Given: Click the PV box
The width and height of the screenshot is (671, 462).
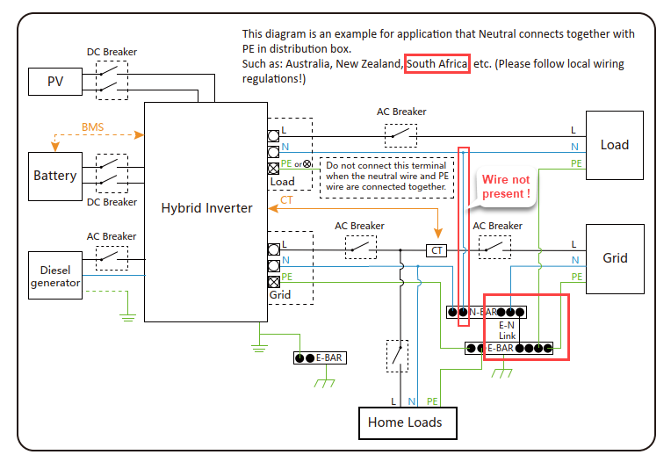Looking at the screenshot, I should tap(54, 83).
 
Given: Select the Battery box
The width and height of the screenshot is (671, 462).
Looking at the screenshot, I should tap(54, 176).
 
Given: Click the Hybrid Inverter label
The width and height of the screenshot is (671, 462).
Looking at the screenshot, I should tap(206, 208).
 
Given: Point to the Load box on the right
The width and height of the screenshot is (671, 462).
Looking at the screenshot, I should tap(614, 145).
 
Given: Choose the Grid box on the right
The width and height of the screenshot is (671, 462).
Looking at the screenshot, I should tap(614, 257).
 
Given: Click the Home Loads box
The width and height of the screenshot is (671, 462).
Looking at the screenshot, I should tap(405, 422).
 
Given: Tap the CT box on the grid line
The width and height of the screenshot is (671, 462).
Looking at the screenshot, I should tap(437, 250).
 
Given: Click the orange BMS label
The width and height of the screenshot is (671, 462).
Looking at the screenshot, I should tap(92, 127).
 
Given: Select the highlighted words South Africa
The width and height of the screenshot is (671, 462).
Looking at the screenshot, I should tap(437, 64).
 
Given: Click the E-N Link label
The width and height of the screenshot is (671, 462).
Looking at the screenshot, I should tap(508, 330).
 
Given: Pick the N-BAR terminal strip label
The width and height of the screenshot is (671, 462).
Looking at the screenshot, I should tap(484, 312).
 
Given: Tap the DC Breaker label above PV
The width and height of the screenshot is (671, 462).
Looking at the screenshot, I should tap(112, 53).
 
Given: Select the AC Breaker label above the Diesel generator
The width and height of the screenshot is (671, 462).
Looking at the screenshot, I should tap(112, 236).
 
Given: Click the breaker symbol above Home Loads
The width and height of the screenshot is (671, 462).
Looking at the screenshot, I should tap(398, 355).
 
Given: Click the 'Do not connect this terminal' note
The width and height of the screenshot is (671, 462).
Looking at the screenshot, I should tap(386, 176).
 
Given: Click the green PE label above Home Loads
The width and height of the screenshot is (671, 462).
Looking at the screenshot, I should tap(432, 401).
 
